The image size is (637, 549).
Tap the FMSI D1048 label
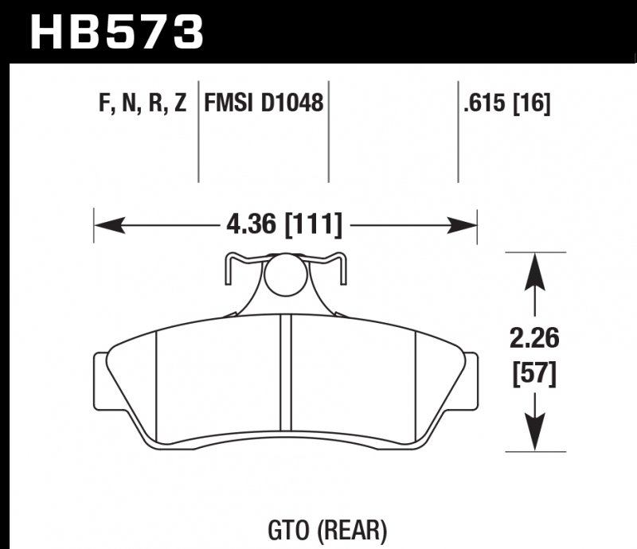click(264, 103)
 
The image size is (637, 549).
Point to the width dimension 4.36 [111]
click(285, 226)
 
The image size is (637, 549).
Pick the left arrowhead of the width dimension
click(107, 226)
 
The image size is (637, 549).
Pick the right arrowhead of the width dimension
click(463, 226)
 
